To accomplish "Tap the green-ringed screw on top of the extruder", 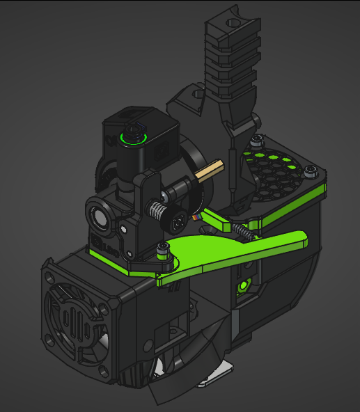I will pos(131,136).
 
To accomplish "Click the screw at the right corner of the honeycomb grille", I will pos(310,171).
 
